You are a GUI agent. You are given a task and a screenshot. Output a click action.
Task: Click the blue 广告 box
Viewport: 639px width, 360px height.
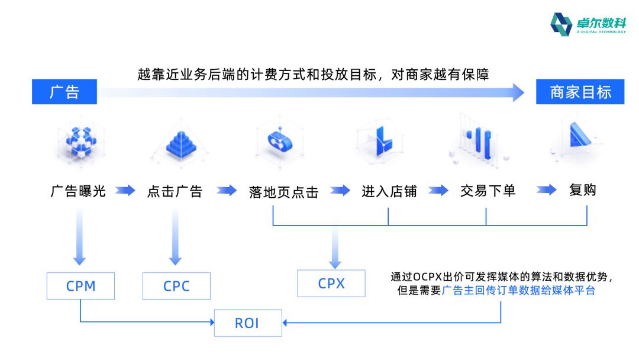coord(64,92)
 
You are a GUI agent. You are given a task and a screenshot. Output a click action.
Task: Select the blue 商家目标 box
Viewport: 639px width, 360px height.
coord(580,92)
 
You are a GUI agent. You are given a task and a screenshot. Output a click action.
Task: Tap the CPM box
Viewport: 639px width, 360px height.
coord(80,287)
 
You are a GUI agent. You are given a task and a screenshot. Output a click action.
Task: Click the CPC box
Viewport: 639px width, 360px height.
coord(176,287)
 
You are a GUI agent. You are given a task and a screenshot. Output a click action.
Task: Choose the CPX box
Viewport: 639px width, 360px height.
coord(331,283)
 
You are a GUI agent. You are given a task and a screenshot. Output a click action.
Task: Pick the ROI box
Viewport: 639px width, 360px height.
coord(247,323)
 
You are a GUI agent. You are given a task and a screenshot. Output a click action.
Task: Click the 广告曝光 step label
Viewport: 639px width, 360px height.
coord(78,191)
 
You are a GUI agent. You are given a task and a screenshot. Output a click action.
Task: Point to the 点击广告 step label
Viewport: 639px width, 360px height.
coord(175,191)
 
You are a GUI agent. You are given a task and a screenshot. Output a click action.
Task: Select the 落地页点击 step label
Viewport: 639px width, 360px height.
coord(284,192)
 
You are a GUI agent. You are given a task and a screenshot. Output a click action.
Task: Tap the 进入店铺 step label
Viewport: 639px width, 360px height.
coord(389,191)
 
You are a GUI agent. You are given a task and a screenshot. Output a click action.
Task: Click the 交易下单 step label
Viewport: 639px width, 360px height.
coord(488,191)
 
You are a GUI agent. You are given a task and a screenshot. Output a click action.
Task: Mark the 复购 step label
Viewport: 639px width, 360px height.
coord(582,191)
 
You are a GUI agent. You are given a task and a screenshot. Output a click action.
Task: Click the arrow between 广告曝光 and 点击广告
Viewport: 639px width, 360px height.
coord(125,191)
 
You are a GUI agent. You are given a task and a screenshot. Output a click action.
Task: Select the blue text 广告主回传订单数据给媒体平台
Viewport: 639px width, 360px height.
coord(518,291)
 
